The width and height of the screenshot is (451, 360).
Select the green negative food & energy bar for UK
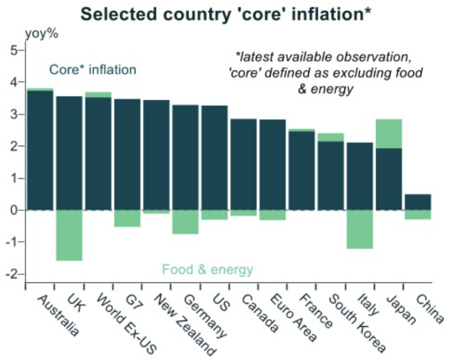[68, 235]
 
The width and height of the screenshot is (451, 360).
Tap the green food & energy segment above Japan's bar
[389, 134]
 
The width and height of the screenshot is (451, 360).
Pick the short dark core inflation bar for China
[418, 202]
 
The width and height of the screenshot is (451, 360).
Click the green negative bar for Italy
[359, 229]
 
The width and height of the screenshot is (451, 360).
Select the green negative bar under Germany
[185, 222]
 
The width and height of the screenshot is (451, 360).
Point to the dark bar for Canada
[243, 164]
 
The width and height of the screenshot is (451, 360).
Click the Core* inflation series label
[92, 70]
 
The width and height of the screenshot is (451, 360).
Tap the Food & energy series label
[208, 269]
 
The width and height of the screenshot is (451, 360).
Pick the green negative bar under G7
[127, 218]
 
